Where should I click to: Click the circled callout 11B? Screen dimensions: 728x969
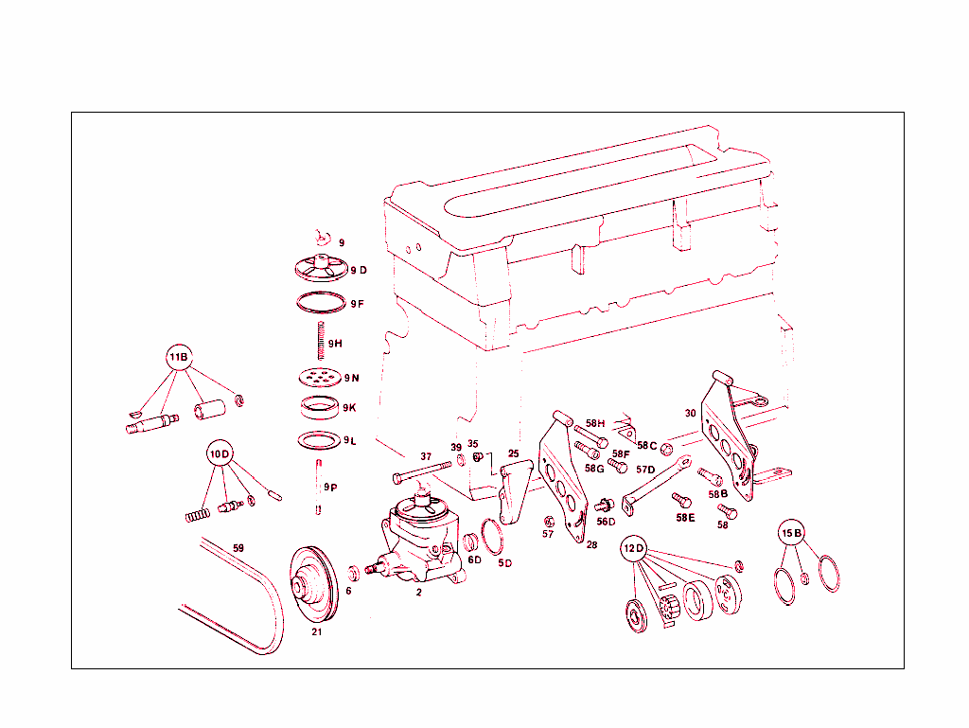pos(179,358)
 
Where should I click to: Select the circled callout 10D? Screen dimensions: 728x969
pos(220,454)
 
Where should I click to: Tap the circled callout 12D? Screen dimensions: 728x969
pos(633,548)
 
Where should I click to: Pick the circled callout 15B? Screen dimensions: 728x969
pos(791,533)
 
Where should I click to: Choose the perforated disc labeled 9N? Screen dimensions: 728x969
pos(319,377)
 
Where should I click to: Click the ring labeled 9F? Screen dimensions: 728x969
pos(319,303)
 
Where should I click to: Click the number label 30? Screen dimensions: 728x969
pos(690,413)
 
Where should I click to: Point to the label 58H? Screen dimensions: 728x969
pos(594,423)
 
